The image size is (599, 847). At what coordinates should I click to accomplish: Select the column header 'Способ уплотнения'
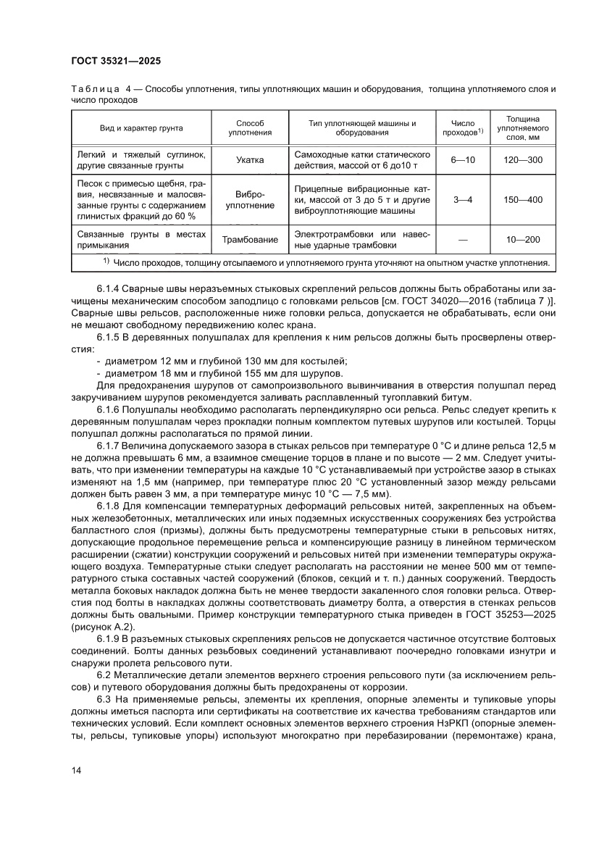(x=250, y=128)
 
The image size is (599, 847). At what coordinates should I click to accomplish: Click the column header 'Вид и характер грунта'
(x=141, y=128)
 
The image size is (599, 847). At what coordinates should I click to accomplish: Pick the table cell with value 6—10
(x=463, y=160)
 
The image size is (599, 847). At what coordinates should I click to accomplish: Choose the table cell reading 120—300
(x=522, y=160)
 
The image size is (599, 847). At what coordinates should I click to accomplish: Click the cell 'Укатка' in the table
(x=250, y=160)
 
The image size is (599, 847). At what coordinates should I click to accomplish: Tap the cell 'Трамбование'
(x=250, y=240)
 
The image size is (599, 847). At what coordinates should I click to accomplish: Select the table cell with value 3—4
(x=463, y=200)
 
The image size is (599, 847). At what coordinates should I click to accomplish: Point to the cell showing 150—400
(x=522, y=200)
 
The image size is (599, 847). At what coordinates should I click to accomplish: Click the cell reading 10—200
(x=522, y=240)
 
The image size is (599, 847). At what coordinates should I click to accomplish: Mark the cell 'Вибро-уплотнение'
(x=250, y=200)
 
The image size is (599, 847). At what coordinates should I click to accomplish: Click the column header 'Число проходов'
(x=462, y=128)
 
